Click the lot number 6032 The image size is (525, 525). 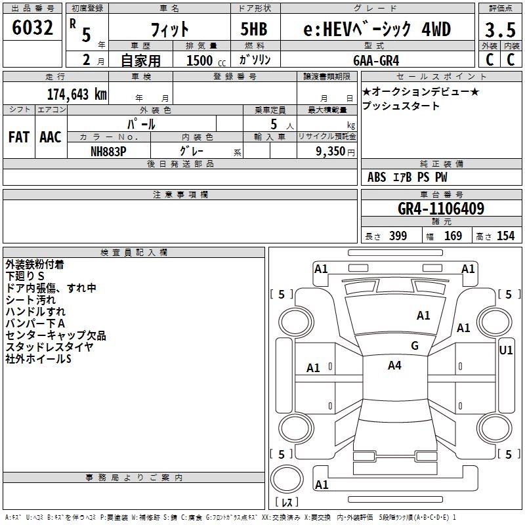[33, 28]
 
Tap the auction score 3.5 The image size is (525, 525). [499, 31]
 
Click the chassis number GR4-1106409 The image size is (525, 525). [441, 209]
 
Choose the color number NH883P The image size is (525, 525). [108, 150]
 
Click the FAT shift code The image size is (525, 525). [18, 137]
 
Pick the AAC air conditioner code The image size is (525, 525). [50, 137]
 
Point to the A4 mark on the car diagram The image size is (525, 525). [394, 366]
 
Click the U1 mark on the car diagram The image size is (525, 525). [505, 350]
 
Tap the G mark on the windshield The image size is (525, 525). [415, 346]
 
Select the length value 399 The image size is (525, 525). [398, 236]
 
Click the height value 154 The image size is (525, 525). [505, 236]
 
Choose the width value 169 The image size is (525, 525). [453, 236]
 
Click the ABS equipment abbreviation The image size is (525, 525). [377, 177]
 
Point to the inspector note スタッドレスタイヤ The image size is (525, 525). [49, 347]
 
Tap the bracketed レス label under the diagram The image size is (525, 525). [286, 503]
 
